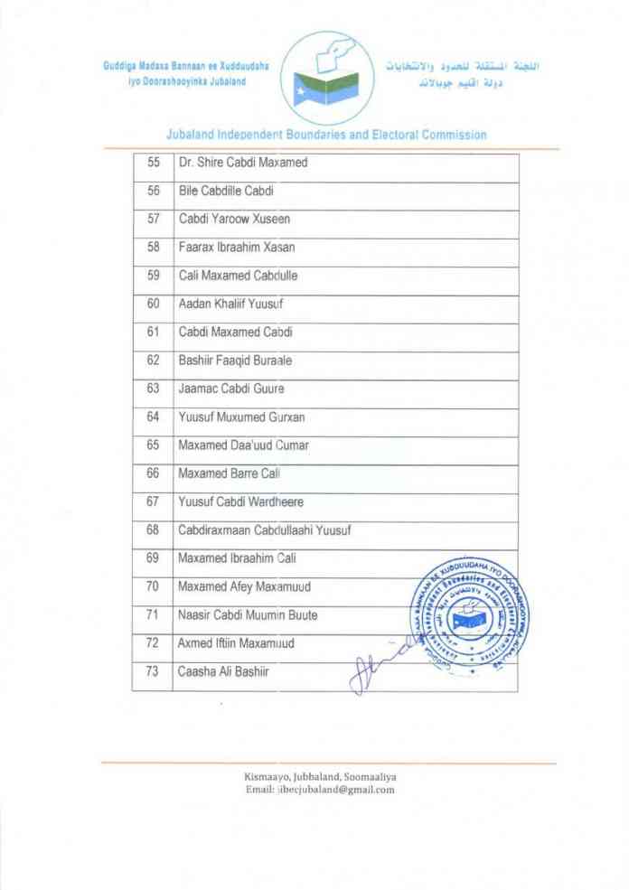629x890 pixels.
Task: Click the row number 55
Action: (x=153, y=163)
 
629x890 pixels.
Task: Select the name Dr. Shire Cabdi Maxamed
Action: (x=243, y=163)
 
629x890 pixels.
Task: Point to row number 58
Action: (x=153, y=247)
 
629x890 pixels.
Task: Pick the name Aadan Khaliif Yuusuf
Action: (x=232, y=304)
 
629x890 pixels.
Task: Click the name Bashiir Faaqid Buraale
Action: (x=236, y=361)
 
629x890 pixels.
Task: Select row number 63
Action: (x=153, y=389)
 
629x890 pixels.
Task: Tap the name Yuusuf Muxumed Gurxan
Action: (x=241, y=417)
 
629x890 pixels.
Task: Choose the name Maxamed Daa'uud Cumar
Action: (x=244, y=445)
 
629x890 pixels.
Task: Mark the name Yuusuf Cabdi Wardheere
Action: (x=240, y=501)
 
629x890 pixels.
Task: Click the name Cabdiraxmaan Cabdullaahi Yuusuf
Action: (x=265, y=529)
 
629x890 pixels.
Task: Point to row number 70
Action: (x=153, y=586)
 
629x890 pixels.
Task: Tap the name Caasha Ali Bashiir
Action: (x=222, y=671)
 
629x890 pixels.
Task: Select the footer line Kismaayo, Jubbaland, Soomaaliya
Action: (x=320, y=776)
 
